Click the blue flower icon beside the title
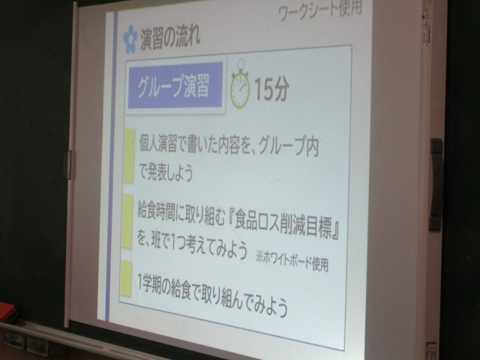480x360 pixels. [x=130, y=39]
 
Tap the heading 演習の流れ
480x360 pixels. [x=170, y=37]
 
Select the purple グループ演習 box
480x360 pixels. [x=175, y=85]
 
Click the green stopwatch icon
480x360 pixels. [x=240, y=85]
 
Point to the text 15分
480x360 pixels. [x=271, y=88]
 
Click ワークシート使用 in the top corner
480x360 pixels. [x=320, y=11]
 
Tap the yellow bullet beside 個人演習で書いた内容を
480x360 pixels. [x=129, y=156]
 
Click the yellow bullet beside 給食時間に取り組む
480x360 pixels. [x=127, y=221]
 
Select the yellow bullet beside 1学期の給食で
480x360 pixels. [x=126, y=278]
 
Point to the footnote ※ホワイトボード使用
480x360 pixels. [x=292, y=262]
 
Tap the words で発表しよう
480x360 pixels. [x=166, y=172]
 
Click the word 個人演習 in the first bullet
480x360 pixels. [x=158, y=143]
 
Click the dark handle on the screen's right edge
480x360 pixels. [x=436, y=184]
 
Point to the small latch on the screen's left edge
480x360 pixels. [x=67, y=164]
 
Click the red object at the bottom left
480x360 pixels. [x=7, y=312]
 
